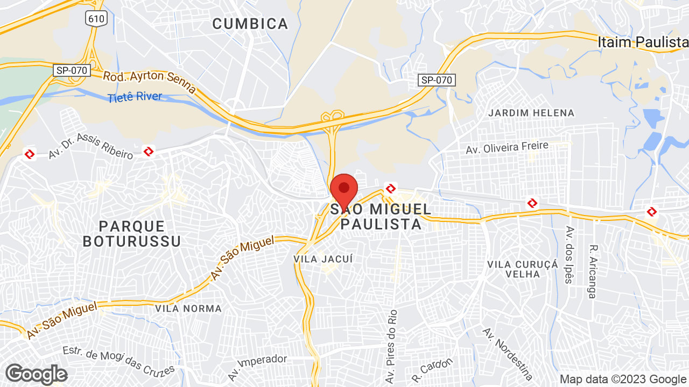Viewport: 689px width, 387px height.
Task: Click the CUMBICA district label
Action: pos(250,24)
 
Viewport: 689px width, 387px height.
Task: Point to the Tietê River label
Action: pos(135,97)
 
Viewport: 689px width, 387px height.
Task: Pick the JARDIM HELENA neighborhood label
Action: pos(531,113)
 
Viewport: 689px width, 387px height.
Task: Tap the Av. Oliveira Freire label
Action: pos(507,148)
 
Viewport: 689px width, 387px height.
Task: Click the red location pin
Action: pos(344,190)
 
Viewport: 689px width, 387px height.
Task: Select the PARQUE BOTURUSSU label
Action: pos(131,233)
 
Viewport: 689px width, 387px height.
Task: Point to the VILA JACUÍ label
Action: pos(323,259)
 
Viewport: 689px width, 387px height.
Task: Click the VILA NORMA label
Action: pos(188,309)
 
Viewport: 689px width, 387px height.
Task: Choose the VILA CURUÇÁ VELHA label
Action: pos(522,269)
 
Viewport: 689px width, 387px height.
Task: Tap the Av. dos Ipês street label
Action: pos(568,255)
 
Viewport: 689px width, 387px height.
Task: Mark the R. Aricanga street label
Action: pos(593,271)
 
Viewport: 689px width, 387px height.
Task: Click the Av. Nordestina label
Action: pos(508,354)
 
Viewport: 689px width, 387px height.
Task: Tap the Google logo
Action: pos(36,374)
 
